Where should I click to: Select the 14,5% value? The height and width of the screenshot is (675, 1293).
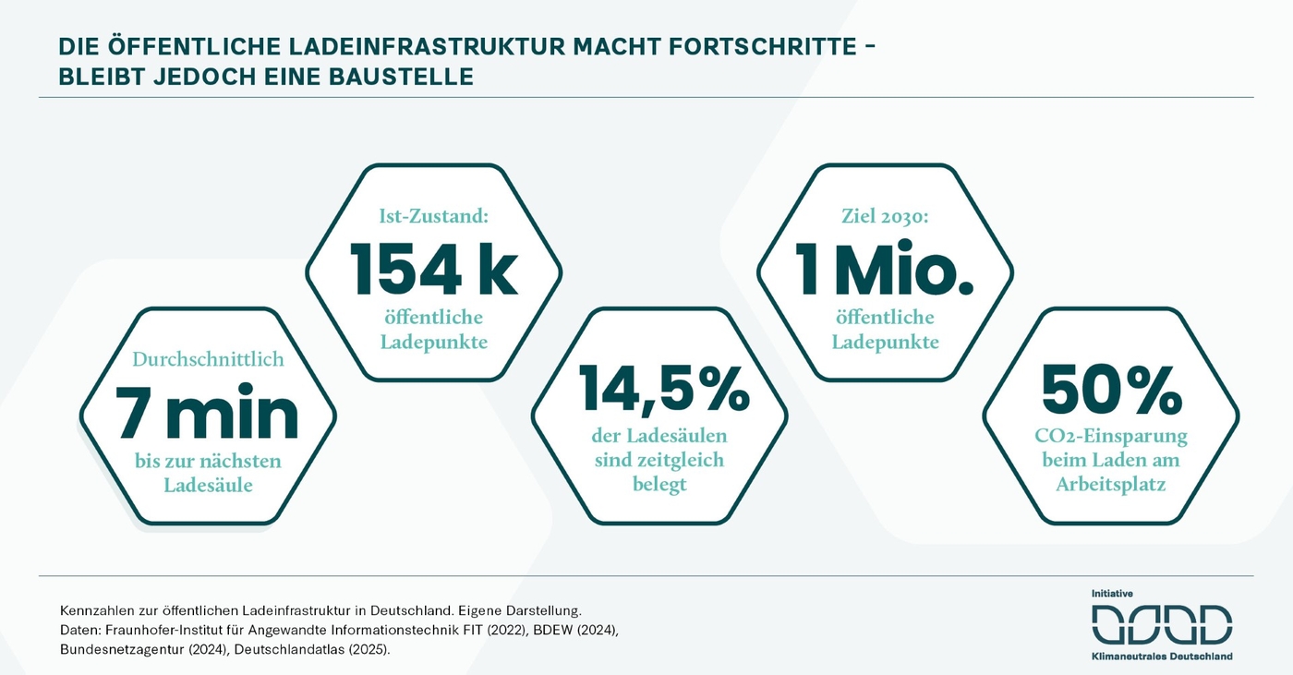664,390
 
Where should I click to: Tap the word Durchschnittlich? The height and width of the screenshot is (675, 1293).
208,359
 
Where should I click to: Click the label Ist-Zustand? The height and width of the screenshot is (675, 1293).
433,218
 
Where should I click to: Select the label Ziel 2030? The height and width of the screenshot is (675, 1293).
885,218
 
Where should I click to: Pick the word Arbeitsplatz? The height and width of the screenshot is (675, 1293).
1111,484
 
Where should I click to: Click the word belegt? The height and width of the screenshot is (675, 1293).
659,484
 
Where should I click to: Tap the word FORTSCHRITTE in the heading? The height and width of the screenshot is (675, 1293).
763,45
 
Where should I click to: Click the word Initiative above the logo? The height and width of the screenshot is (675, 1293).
1112,594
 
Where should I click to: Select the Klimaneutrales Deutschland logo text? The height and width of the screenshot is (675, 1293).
1162,657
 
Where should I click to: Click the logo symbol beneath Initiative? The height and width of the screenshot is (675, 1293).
1162,625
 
